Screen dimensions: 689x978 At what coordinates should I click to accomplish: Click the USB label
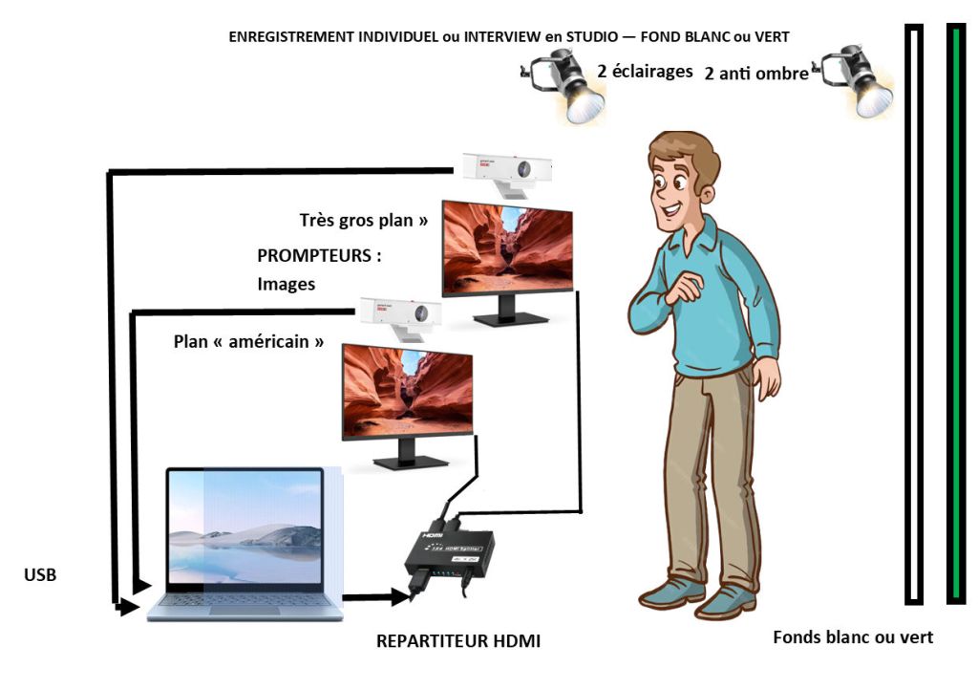point(39,575)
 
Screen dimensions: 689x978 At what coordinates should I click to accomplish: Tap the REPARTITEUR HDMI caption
point(458,641)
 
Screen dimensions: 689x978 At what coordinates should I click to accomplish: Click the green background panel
point(955,315)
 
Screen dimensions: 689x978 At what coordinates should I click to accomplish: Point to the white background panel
point(914,315)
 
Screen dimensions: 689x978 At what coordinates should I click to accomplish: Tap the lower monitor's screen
point(407,392)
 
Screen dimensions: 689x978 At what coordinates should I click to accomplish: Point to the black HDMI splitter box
point(448,555)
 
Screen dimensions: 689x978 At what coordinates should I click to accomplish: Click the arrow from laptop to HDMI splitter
point(377,598)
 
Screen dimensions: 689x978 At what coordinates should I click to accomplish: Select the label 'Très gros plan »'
point(362,220)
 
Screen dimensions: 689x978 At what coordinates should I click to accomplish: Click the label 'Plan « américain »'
point(248,341)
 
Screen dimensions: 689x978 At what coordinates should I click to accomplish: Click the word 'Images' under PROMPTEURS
point(286,284)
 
